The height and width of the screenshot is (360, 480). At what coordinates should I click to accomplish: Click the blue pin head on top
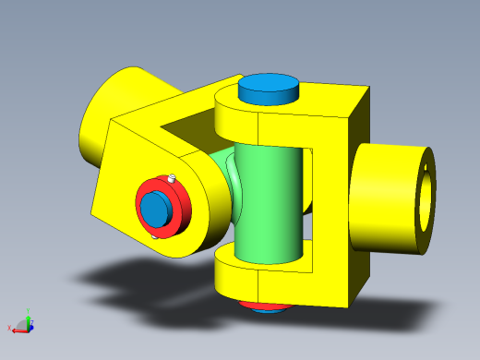pos(270,89)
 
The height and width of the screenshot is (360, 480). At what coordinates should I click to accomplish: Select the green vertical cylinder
pos(269,203)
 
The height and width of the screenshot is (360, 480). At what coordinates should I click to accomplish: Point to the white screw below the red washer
pos(153,236)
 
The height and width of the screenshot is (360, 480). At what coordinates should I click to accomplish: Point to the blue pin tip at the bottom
pos(269,310)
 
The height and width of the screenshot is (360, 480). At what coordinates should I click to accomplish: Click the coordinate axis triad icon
pos(23,324)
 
